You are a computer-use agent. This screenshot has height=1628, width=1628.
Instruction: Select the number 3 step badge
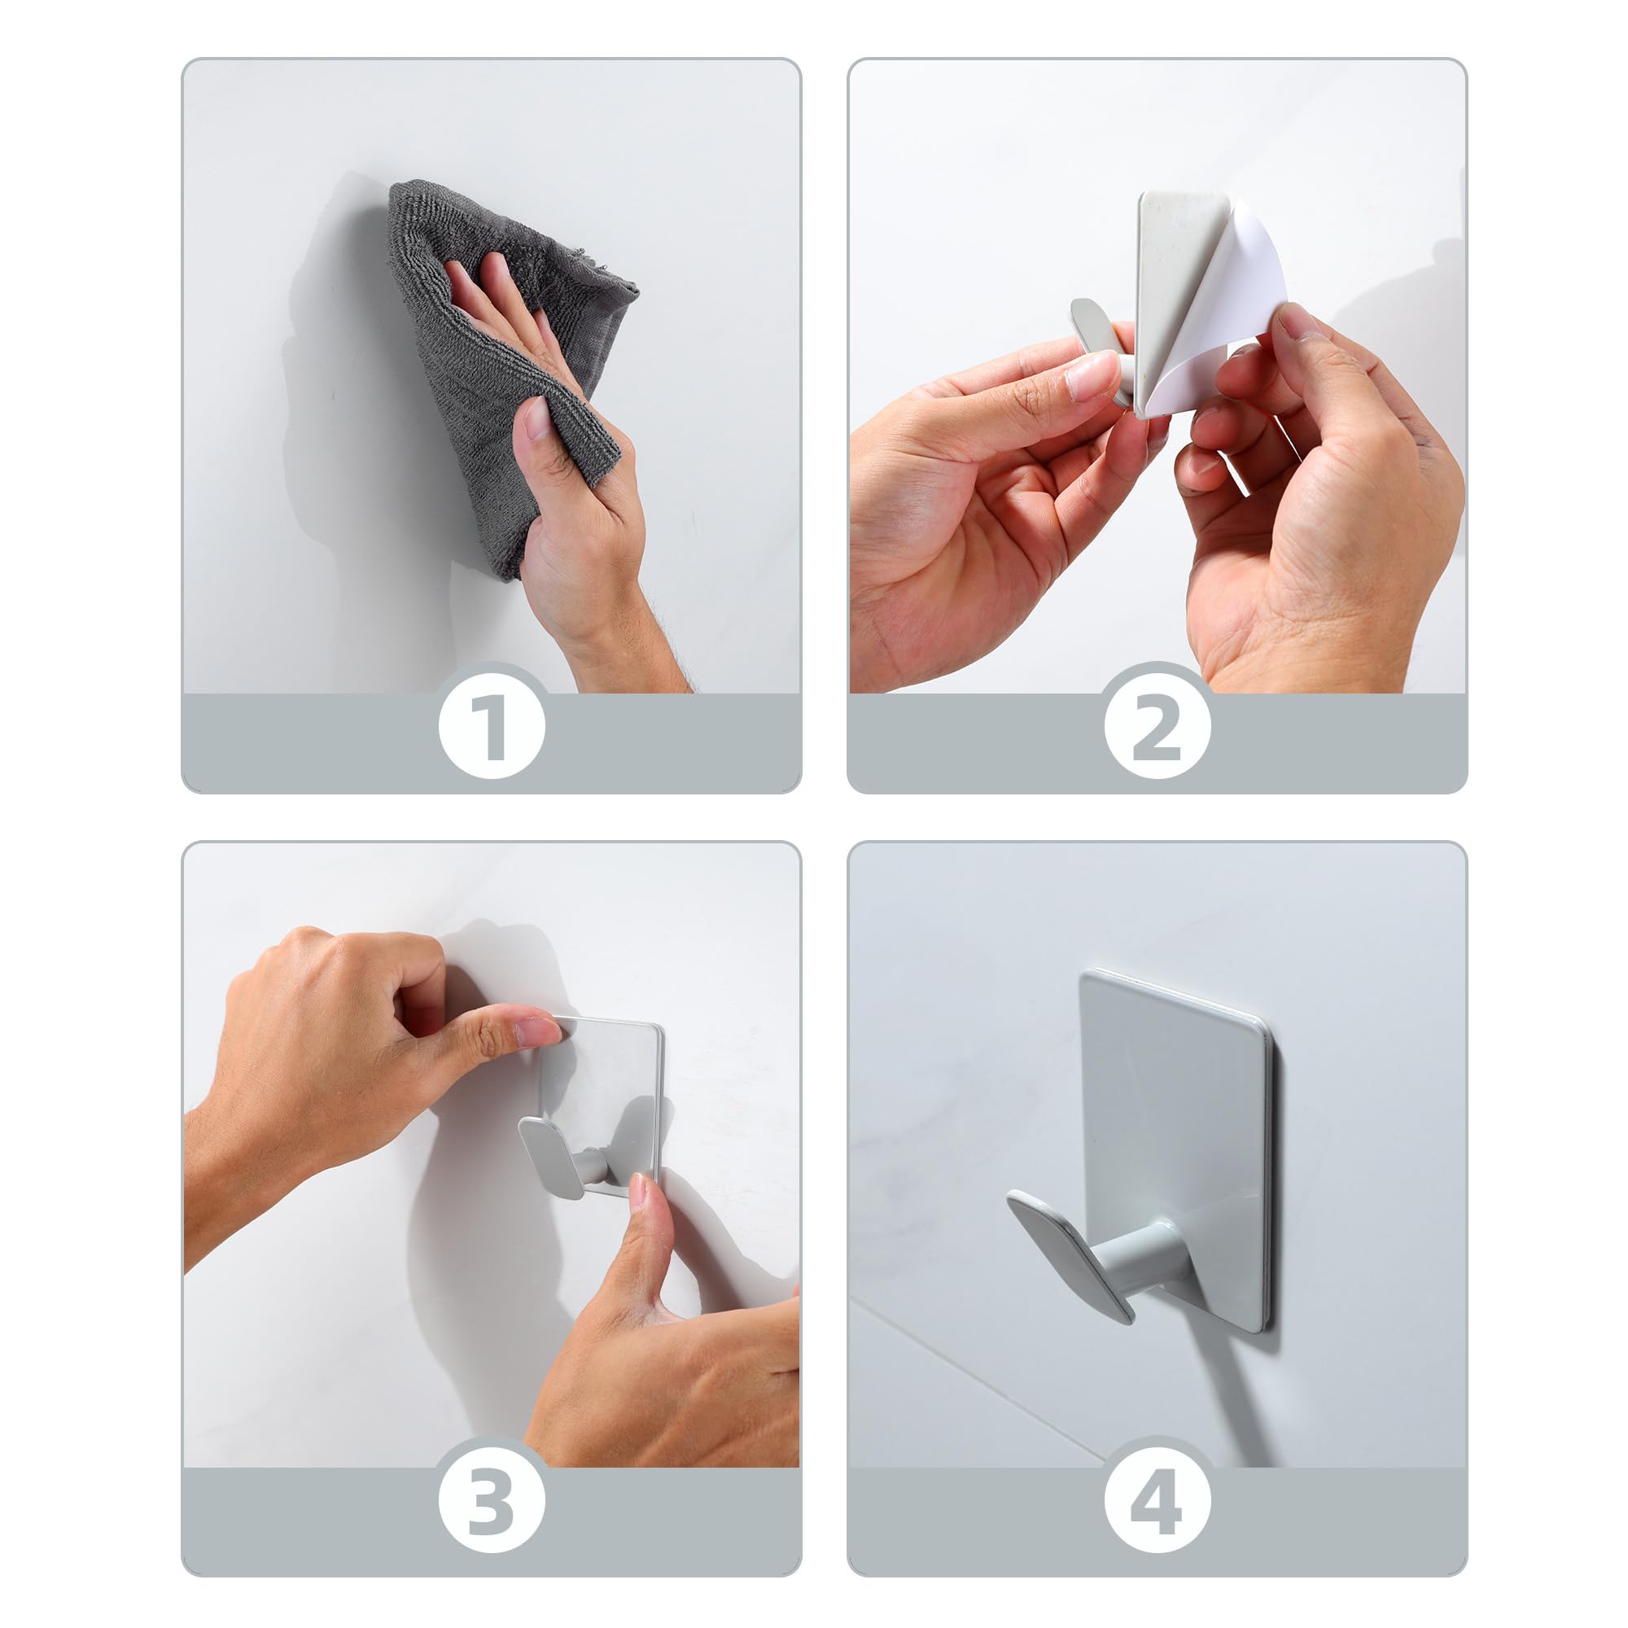pyautogui.click(x=492, y=1498)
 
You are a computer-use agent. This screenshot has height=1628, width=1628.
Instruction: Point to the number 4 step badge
pyautogui.click(x=1157, y=1498)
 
